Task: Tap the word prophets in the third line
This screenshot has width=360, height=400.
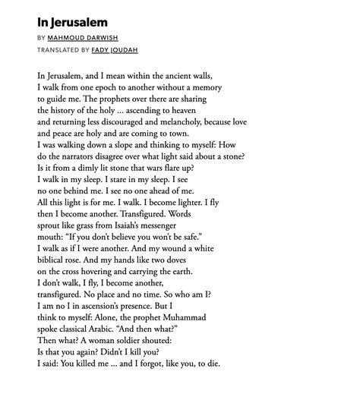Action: [x=120, y=99]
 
